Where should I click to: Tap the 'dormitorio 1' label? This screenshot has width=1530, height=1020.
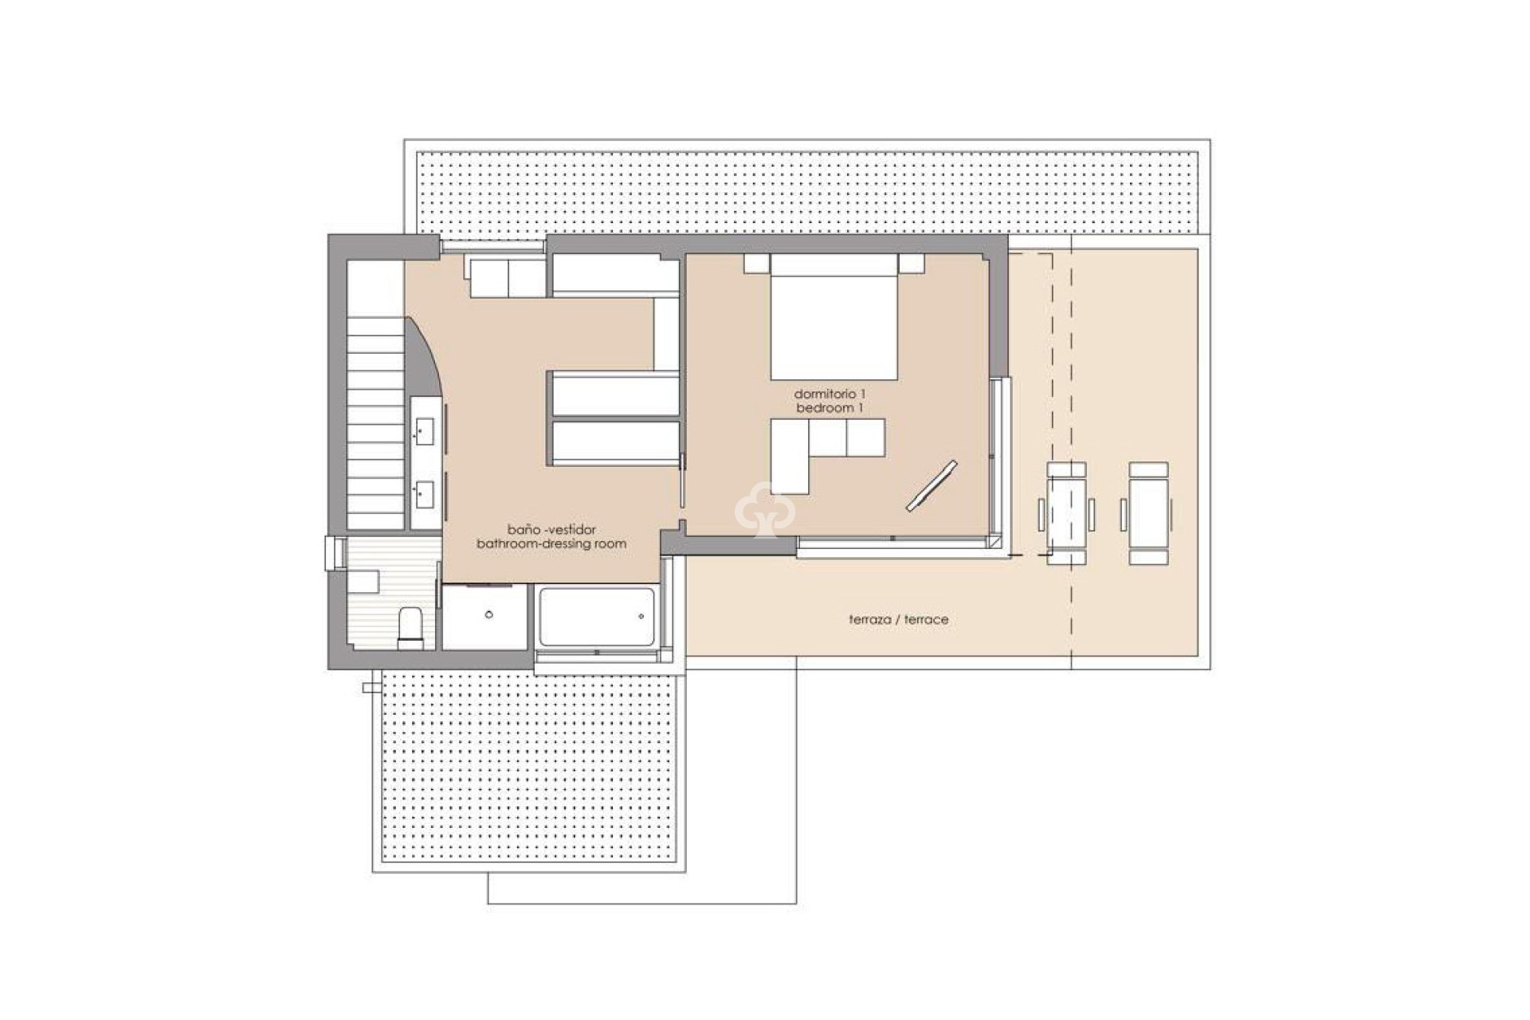click(830, 394)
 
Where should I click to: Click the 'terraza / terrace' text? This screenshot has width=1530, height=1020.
click(898, 619)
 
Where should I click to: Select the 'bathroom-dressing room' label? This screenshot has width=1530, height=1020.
click(551, 543)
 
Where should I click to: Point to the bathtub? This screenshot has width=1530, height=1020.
click(596, 617)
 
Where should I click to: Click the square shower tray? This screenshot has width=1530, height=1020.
click(487, 617)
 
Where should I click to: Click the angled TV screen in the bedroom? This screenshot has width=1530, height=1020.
click(932, 485)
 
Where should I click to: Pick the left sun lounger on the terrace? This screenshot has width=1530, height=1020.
click(1066, 514)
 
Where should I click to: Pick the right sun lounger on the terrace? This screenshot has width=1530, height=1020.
click(1148, 514)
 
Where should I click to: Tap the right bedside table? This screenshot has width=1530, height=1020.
click(911, 263)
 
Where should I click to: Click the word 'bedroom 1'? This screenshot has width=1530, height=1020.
click(830, 408)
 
